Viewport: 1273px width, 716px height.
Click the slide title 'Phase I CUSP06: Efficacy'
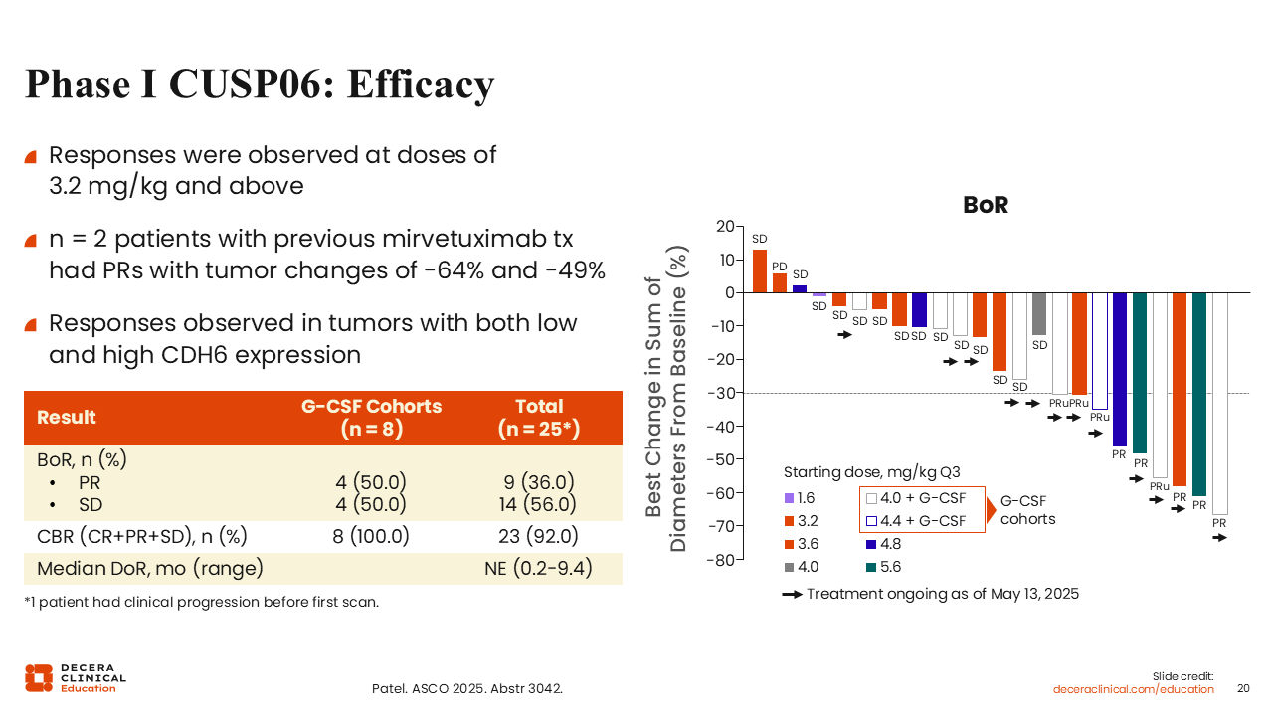pyautogui.click(x=259, y=85)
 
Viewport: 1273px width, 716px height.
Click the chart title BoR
pyautogui.click(x=985, y=206)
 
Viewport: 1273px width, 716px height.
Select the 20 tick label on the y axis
pyautogui.click(x=724, y=227)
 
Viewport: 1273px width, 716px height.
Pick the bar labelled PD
pyautogui.click(x=780, y=282)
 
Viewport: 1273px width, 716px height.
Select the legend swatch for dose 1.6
pyautogui.click(x=790, y=498)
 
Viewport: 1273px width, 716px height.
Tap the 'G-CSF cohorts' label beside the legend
pyautogui.click(x=1027, y=510)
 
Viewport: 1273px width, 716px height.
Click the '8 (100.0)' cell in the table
pyautogui.click(x=372, y=536)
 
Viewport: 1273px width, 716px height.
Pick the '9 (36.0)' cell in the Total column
pyautogui.click(x=539, y=483)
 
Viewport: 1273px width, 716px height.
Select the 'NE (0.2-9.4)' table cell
pyautogui.click(x=538, y=569)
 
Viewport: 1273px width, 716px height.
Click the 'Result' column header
pyautogui.click(x=67, y=417)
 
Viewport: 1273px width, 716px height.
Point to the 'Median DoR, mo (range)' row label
pyautogui.click(x=150, y=569)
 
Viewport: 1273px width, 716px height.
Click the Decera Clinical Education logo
pyautogui.click(x=76, y=677)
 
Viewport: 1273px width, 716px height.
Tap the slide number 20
pyautogui.click(x=1243, y=688)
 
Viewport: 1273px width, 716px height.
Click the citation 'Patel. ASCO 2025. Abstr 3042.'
pyautogui.click(x=466, y=688)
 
